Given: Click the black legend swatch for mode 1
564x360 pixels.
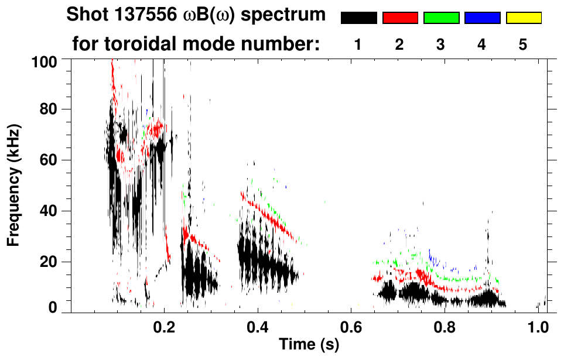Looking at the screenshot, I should coord(358,18).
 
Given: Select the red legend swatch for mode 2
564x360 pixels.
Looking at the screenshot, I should coord(400,18).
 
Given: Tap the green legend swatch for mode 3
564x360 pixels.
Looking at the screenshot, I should coord(441,18).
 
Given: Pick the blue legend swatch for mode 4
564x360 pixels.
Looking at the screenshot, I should coord(482,18).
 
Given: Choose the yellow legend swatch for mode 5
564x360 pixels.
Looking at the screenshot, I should coord(524,18).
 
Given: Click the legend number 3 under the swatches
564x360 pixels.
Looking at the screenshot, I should coord(440,44).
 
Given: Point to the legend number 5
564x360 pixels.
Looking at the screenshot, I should coord(523,44).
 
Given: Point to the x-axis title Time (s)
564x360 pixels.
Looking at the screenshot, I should coord(309,344).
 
